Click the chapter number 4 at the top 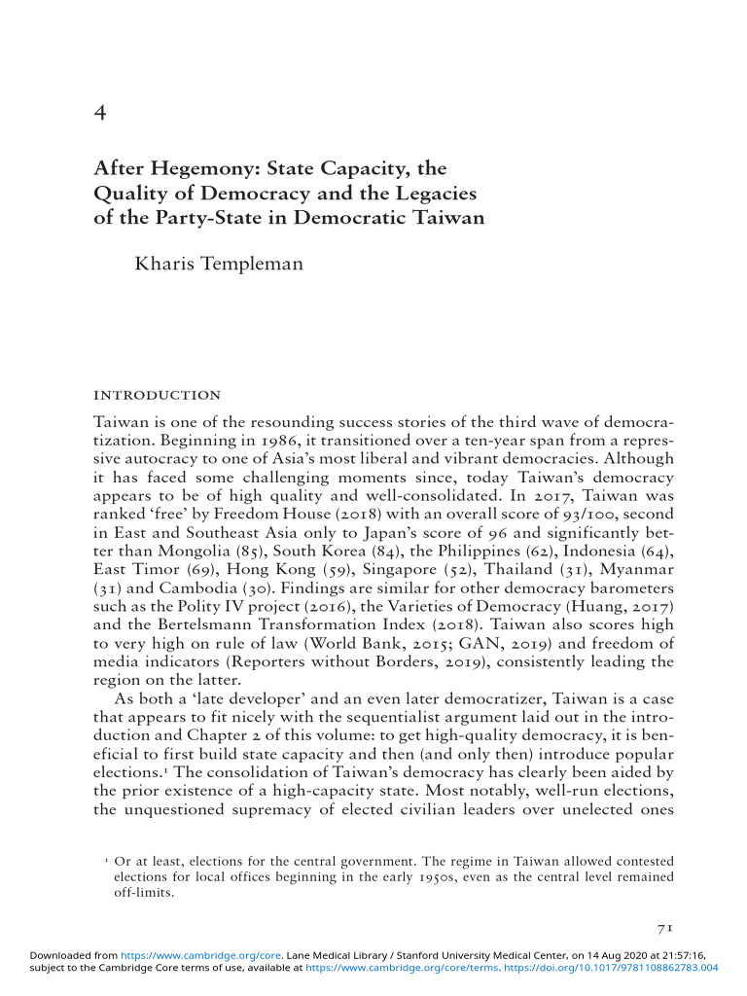pyautogui.click(x=99, y=114)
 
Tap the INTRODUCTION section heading pyautogui.click(x=157, y=395)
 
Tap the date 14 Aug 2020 pyautogui.click(x=588, y=956)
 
